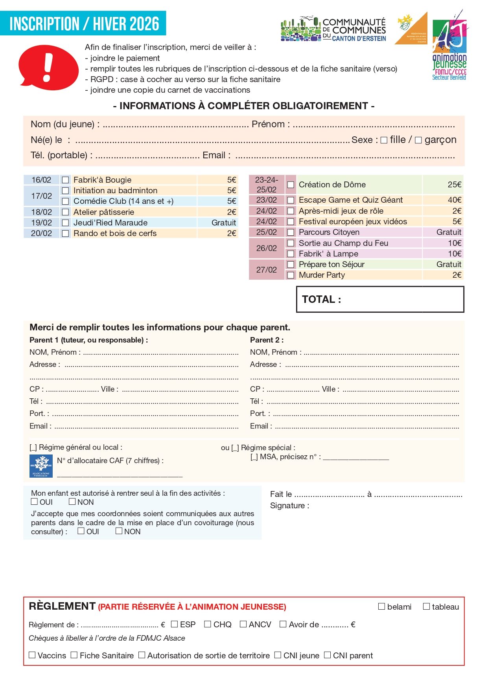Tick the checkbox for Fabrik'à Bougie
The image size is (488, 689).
pos(66,180)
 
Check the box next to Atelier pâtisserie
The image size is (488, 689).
pos(66,212)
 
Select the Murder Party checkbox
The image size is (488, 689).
pos(291,275)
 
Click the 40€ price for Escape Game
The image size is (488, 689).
pos(455,200)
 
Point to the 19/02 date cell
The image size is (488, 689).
pos(41,223)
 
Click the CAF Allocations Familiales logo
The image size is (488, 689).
pos(41,466)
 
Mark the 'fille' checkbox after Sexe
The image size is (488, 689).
pos(384,140)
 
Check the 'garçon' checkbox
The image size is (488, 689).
pos(418,140)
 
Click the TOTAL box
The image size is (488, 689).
pos(380,299)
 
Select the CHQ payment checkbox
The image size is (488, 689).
pos(208,624)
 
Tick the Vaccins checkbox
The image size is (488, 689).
pos(32,655)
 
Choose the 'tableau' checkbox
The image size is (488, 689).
pos(426,607)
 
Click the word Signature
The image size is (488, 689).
pos(289,506)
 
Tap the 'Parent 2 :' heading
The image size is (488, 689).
pos(267,340)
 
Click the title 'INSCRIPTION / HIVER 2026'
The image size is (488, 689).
pos(84,24)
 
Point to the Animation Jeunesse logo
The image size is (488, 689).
pos(449,45)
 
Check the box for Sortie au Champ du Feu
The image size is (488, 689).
pos(291,243)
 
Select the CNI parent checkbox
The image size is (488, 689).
pos(327,655)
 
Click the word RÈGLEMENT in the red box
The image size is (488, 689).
pos(62,606)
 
